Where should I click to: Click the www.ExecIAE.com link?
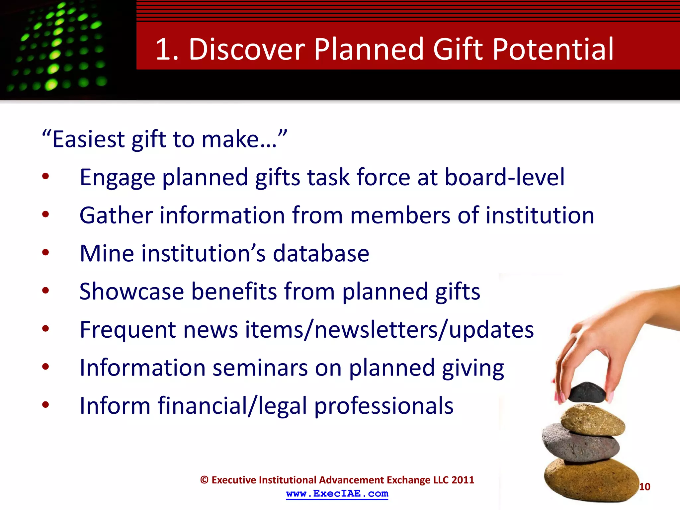[x=337, y=494]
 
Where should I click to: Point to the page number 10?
[x=644, y=487]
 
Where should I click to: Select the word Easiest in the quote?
[x=88, y=139]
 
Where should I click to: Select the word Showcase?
[x=131, y=292]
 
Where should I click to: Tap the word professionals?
[x=383, y=406]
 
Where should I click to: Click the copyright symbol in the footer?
[x=204, y=480]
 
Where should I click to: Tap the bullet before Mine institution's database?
[x=45, y=253]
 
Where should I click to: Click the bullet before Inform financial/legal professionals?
[x=45, y=405]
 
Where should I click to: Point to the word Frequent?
[x=127, y=330]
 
